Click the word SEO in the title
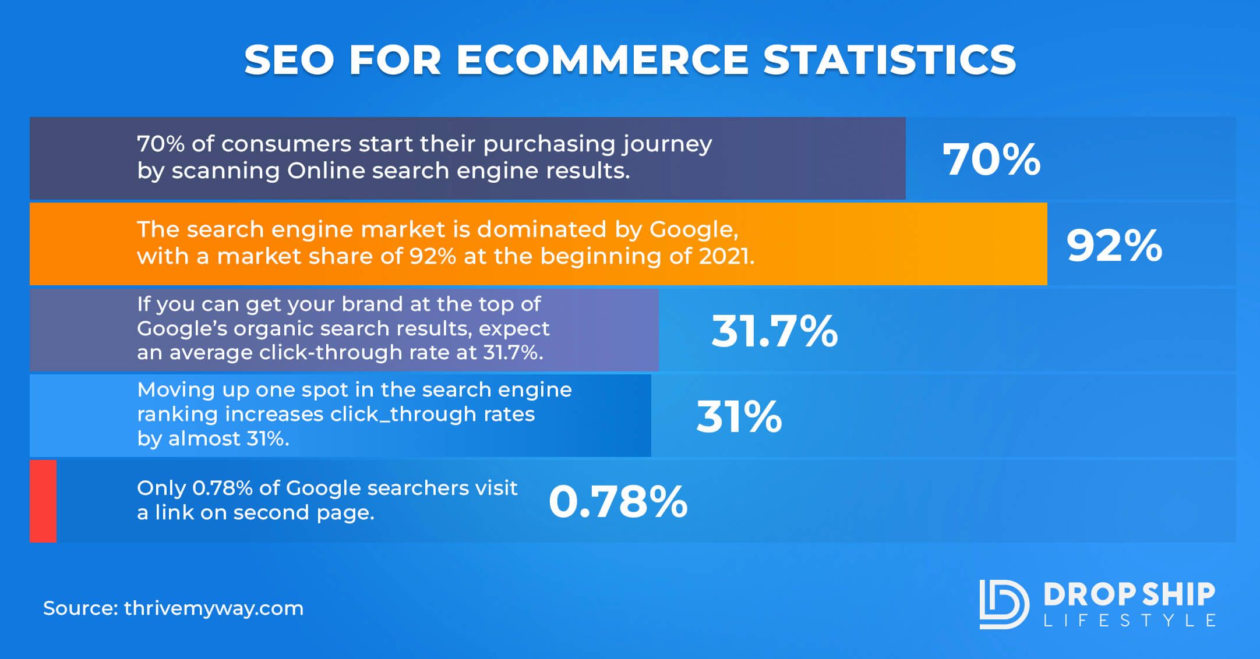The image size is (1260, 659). coord(289,60)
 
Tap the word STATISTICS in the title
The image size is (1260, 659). coord(890,60)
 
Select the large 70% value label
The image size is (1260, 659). coord(991,160)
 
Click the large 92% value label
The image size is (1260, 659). coord(1114,245)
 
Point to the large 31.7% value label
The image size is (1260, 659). coord(775,331)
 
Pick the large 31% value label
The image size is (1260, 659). coord(739,416)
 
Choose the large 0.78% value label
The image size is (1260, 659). coord(618,502)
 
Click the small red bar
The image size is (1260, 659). coord(43,501)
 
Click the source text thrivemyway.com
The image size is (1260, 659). coord(214,608)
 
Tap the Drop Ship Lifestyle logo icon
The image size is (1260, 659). coord(1004,604)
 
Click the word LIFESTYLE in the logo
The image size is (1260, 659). coord(1130,621)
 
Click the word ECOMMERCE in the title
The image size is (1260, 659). coord(602,60)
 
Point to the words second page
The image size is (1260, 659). coord(303,513)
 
